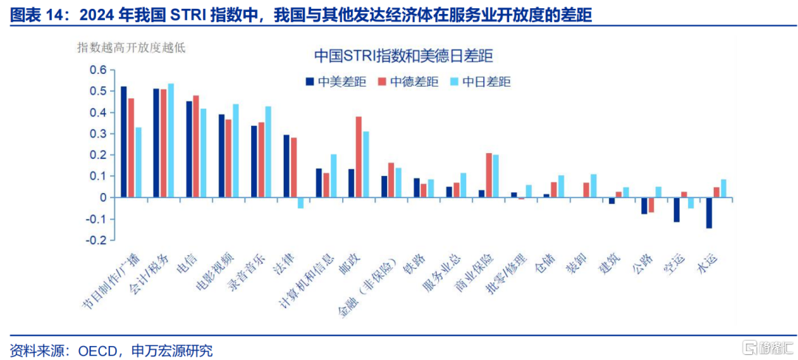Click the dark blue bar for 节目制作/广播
click(x=123, y=142)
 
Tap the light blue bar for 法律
click(x=301, y=203)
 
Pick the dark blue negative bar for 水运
click(x=709, y=213)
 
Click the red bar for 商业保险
click(x=489, y=175)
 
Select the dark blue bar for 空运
click(x=676, y=210)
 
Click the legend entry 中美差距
click(x=336, y=82)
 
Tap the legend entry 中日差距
click(x=480, y=82)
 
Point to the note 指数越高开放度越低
click(x=132, y=48)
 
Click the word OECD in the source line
click(x=96, y=350)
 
